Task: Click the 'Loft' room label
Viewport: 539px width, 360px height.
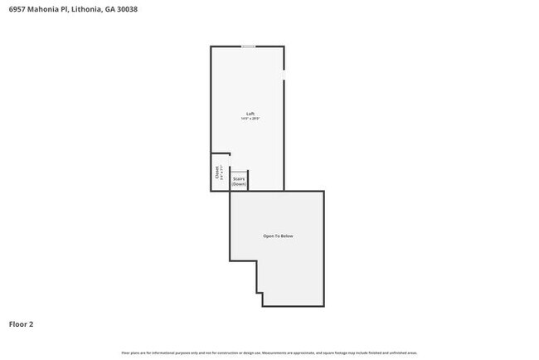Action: pos(250,114)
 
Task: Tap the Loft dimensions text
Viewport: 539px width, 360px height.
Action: pos(250,119)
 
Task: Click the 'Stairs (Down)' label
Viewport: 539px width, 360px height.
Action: pos(239,181)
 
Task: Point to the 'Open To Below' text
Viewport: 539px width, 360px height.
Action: pos(278,236)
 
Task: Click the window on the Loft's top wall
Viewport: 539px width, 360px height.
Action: pos(248,46)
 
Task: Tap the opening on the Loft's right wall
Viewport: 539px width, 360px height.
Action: pos(284,75)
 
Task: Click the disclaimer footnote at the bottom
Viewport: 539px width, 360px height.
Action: pos(269,353)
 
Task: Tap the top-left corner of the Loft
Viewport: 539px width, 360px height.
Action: pos(211,46)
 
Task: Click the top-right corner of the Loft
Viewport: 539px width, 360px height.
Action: pos(284,46)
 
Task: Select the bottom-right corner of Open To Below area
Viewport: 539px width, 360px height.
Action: pos(323,306)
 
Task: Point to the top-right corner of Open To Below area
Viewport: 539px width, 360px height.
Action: pos(323,192)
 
